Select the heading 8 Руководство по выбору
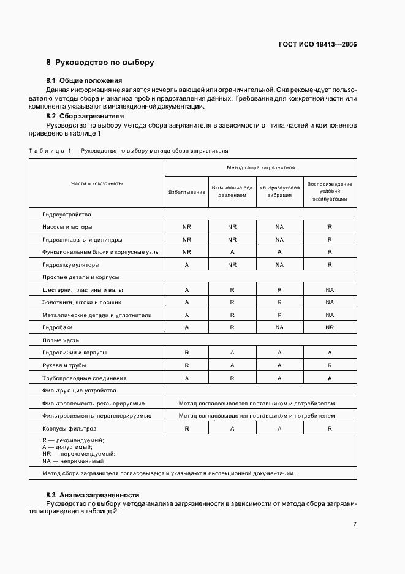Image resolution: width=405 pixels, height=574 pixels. point(100,63)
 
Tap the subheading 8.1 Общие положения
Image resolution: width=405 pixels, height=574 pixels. point(85,80)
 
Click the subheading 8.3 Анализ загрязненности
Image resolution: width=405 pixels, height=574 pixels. point(93,494)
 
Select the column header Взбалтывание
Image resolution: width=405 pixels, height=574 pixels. point(186,192)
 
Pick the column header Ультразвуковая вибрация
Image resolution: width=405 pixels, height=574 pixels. point(279,191)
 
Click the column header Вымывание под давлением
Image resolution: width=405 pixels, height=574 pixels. point(232,191)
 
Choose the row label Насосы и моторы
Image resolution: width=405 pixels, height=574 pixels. point(67,227)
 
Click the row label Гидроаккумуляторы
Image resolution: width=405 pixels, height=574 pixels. point(70,264)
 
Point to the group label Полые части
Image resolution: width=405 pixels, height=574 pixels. point(61,340)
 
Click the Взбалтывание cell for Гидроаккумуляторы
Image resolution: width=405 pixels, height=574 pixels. point(186,264)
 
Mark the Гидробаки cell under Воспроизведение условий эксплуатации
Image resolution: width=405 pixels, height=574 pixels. point(330,327)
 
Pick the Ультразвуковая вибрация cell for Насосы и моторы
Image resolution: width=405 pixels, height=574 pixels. point(279,227)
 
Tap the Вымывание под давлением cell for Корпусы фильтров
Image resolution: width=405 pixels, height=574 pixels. point(232,429)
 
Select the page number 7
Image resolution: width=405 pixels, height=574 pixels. point(355,524)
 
